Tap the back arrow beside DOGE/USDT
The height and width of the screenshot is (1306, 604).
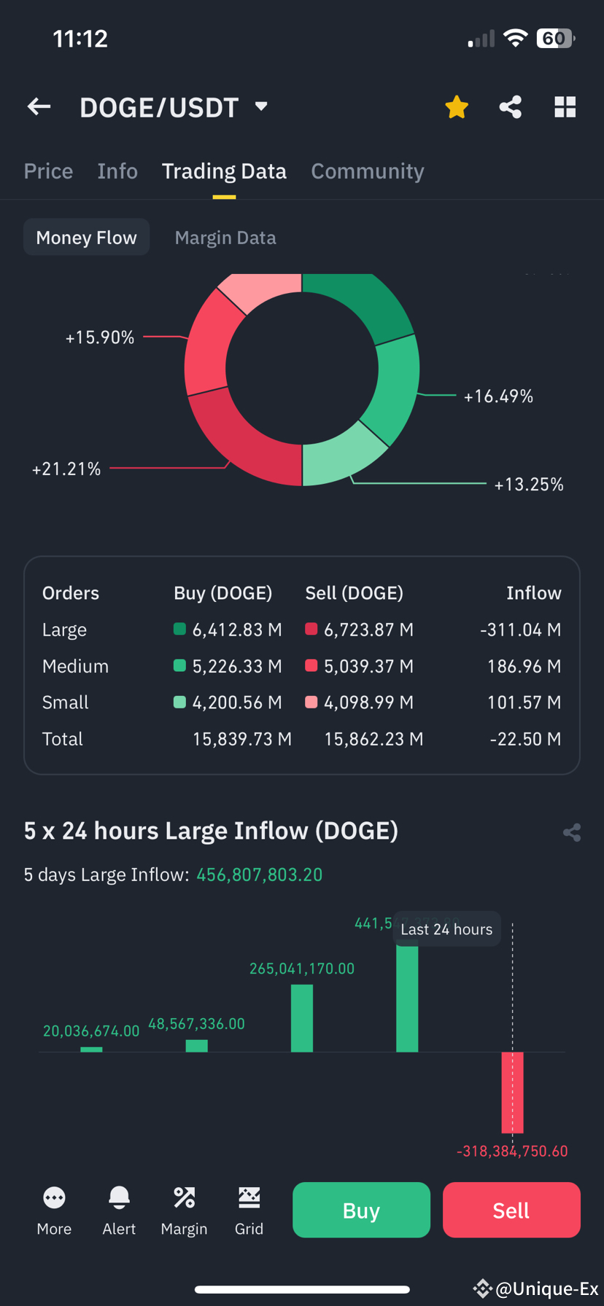39,107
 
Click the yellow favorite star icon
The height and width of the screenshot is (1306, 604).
457,107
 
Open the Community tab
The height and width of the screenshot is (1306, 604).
367,171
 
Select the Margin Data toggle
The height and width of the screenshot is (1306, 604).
225,238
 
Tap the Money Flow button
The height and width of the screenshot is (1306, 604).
86,238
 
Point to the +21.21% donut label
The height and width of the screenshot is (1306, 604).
66,469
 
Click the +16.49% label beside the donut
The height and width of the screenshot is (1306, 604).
498,396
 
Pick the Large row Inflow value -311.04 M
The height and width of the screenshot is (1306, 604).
520,630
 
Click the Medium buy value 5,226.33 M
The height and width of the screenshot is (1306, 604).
236,666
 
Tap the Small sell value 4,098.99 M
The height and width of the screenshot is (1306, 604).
368,703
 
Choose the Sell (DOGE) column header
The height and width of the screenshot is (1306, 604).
354,593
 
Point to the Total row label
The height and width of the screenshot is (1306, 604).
63,739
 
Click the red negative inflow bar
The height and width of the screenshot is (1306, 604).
512,1092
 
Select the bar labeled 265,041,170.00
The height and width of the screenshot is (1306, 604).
302,1018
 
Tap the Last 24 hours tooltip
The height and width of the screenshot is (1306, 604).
446,929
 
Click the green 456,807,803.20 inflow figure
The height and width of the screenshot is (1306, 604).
260,875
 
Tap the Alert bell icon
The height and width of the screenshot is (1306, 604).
119,1197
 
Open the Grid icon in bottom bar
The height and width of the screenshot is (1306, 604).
249,1197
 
